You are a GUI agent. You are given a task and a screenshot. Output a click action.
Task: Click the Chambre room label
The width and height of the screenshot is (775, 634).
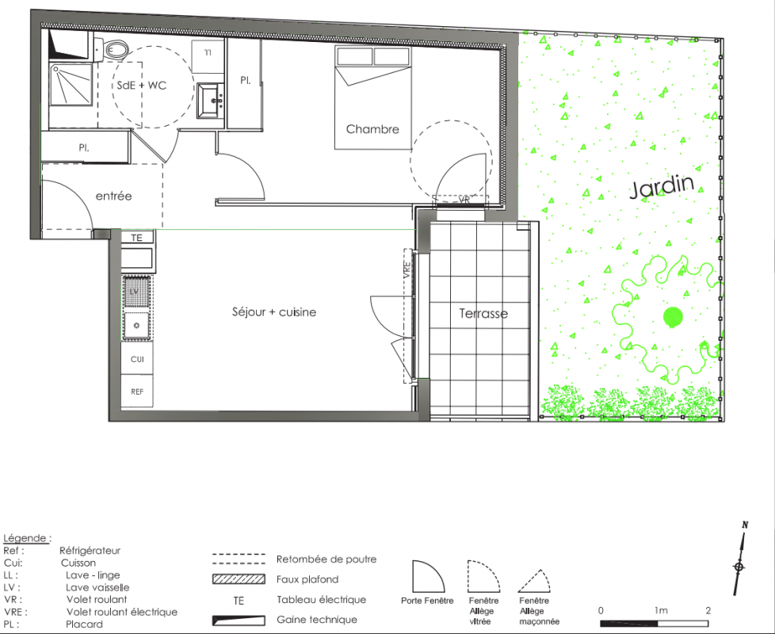[372, 129]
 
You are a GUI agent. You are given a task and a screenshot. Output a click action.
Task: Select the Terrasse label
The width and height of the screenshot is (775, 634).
[483, 313]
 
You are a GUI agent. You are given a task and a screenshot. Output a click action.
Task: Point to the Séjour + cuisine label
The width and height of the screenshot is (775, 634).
[274, 311]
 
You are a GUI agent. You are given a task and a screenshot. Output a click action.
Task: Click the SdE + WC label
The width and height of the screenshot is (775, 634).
[141, 85]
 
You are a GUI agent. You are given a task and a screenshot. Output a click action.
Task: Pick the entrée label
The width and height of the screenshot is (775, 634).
[113, 197]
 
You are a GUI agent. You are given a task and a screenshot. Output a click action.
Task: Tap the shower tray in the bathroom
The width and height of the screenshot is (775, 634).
[71, 85]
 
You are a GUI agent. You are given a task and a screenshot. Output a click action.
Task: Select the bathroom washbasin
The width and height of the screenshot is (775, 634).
[211, 101]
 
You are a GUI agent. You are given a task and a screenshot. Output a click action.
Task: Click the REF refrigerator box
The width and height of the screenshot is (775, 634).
[137, 391]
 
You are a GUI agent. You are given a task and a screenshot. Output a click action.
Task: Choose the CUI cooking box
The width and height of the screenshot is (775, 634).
[137, 359]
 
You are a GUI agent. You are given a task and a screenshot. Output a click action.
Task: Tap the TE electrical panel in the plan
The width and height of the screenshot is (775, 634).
[137, 238]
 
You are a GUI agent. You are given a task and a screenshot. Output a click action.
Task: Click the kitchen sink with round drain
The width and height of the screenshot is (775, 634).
[136, 326]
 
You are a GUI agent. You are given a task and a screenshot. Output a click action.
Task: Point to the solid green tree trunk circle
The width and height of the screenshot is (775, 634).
[673, 317]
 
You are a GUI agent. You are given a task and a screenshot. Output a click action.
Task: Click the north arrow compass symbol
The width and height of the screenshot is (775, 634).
[739, 559]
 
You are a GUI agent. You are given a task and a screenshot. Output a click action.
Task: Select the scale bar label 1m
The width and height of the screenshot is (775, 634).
[661, 610]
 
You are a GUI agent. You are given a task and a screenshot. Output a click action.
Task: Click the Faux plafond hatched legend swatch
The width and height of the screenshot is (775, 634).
[239, 579]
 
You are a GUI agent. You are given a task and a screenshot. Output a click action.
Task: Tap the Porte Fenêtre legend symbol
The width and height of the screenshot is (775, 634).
[428, 576]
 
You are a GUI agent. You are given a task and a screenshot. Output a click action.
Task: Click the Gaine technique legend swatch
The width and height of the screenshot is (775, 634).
[239, 621]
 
